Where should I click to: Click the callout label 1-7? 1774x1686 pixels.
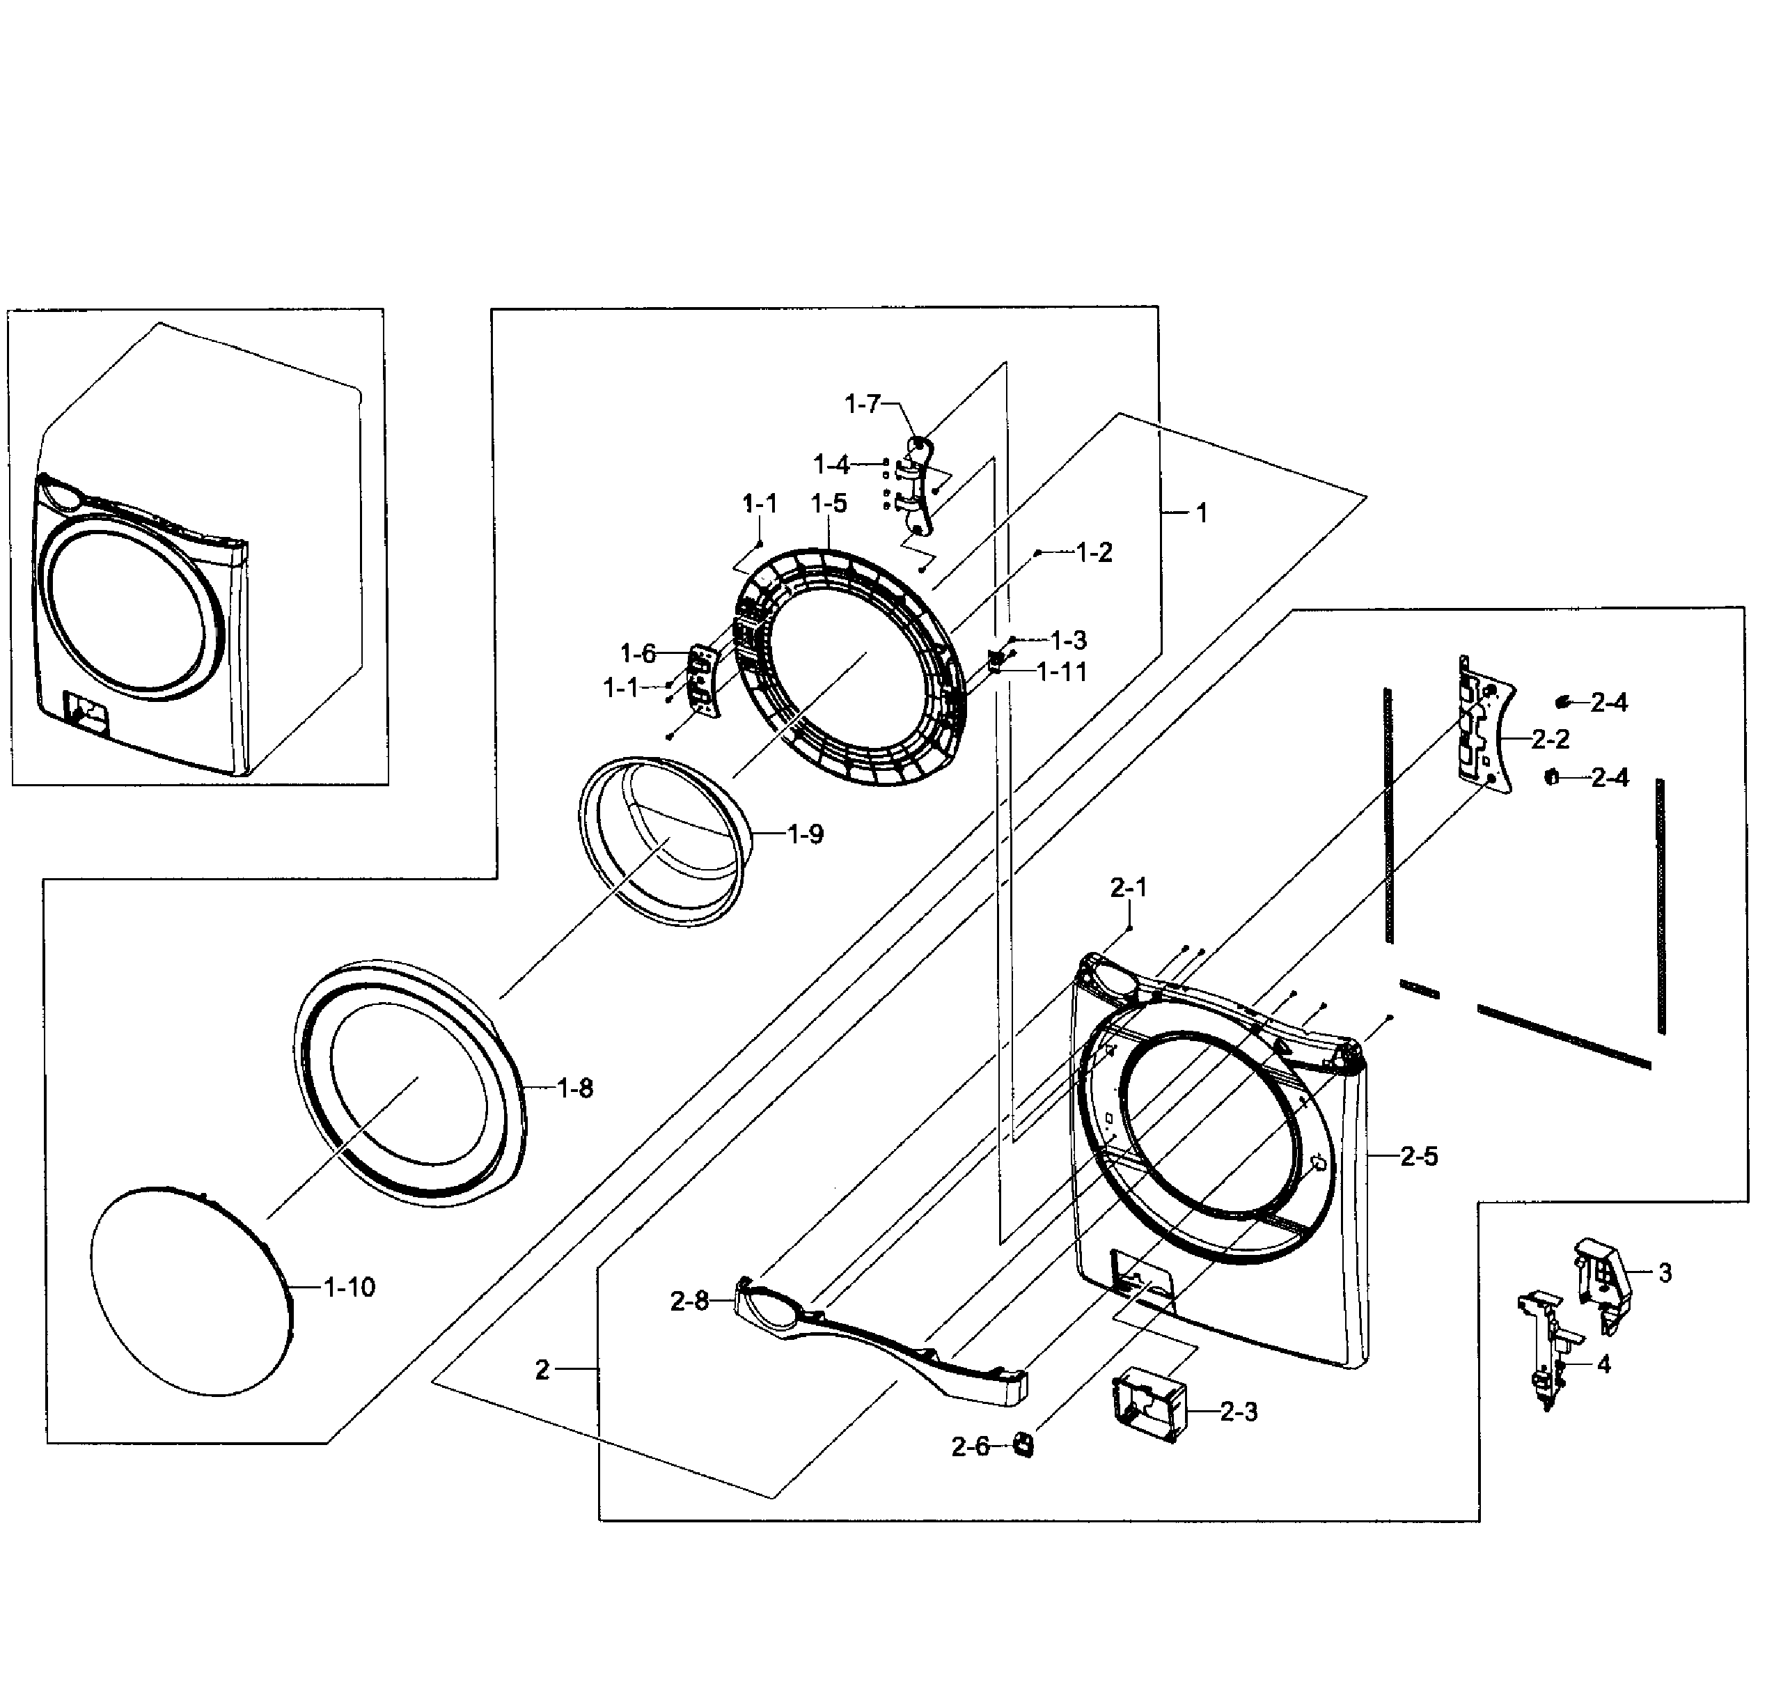tap(862, 405)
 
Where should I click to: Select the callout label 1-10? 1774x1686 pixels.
tap(349, 1287)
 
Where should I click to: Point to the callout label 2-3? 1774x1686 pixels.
tap(1239, 1412)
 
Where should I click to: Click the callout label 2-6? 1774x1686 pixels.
tap(970, 1447)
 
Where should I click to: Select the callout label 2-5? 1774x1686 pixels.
tap(1419, 1156)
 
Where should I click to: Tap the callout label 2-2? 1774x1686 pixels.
tap(1551, 739)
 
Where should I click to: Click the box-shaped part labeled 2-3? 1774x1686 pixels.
tap(1149, 1407)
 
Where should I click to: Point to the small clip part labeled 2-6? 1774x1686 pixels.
tap(1023, 1445)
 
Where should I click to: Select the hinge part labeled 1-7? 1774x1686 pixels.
tap(918, 485)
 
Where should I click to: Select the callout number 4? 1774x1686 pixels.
tap(1604, 1364)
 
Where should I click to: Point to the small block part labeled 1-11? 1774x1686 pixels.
tap(995, 661)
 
